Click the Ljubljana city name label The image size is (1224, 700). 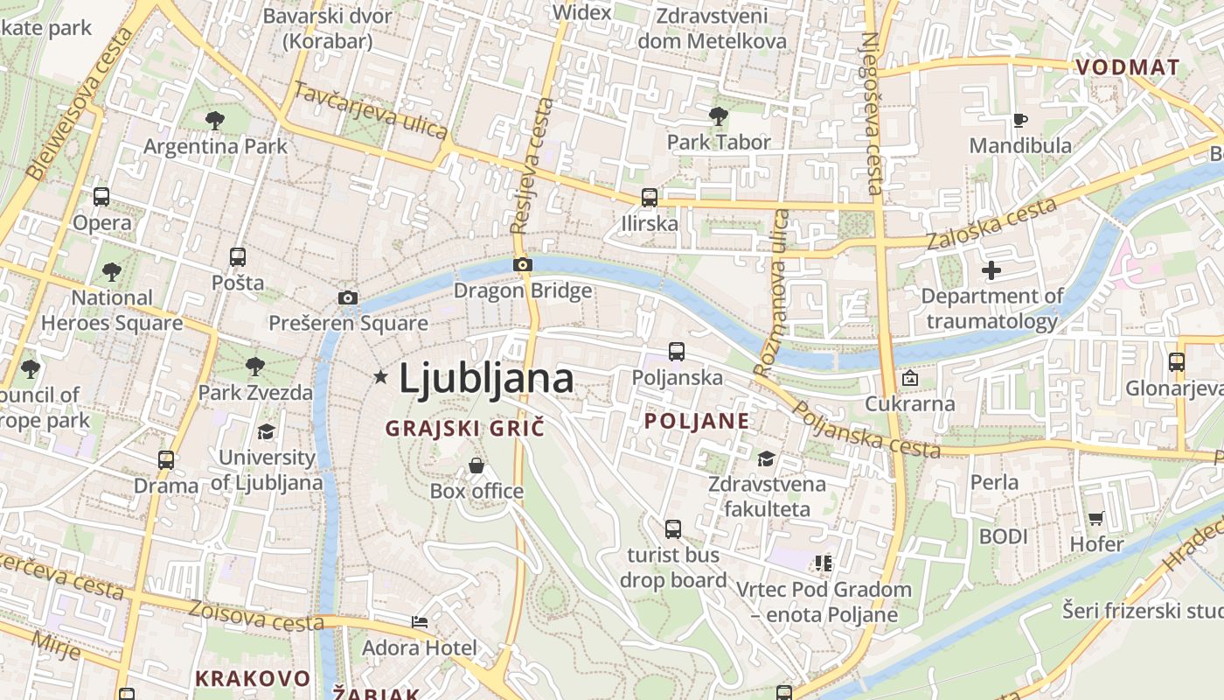click(486, 378)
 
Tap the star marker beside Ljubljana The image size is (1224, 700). click(380, 377)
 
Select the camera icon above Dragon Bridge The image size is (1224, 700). click(523, 264)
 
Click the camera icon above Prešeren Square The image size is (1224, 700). click(348, 297)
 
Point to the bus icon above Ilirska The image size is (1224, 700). click(649, 198)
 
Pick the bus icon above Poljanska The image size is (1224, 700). click(677, 352)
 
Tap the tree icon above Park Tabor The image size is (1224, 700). click(719, 115)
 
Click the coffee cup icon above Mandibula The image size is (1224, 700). click(1019, 120)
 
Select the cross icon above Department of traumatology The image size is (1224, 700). click(991, 270)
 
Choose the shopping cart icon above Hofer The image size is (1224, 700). click(1096, 518)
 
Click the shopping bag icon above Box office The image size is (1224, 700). click(476, 465)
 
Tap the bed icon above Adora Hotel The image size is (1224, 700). click(420, 622)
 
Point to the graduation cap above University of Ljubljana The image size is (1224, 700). click(266, 431)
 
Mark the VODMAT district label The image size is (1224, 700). click(1127, 67)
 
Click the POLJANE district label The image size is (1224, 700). click(697, 421)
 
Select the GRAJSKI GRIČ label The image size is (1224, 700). click(465, 428)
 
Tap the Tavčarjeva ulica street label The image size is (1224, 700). click(371, 111)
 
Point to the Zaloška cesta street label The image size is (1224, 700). click(991, 224)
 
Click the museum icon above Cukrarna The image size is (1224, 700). click(909, 379)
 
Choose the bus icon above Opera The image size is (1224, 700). click(101, 197)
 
